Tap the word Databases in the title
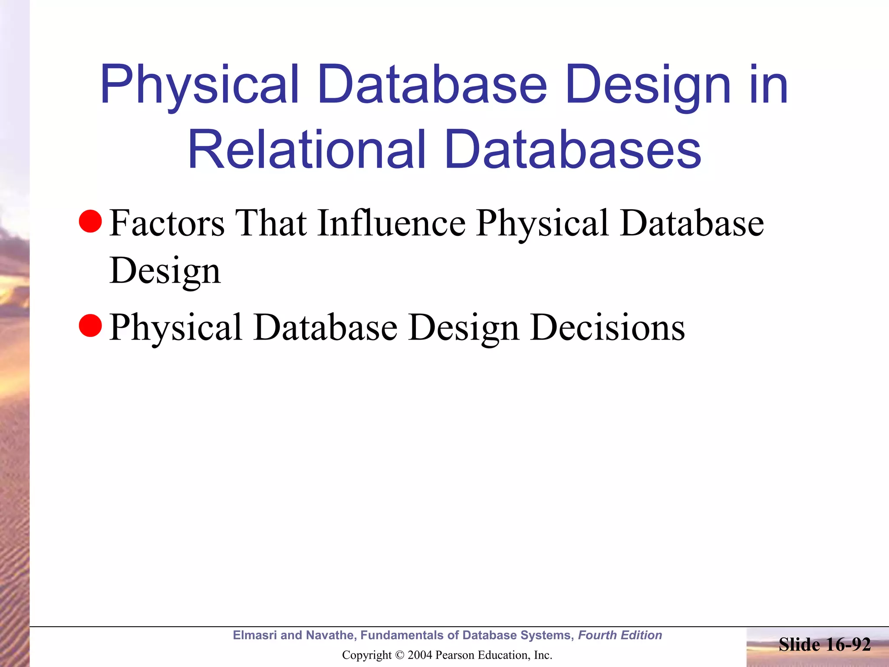(x=573, y=150)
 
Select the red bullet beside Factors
(x=90, y=221)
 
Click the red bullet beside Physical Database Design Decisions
(x=90, y=326)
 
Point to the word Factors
(x=167, y=223)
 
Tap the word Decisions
(x=607, y=327)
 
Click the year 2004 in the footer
(x=420, y=655)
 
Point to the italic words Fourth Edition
(x=620, y=635)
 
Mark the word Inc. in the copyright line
(x=543, y=655)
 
